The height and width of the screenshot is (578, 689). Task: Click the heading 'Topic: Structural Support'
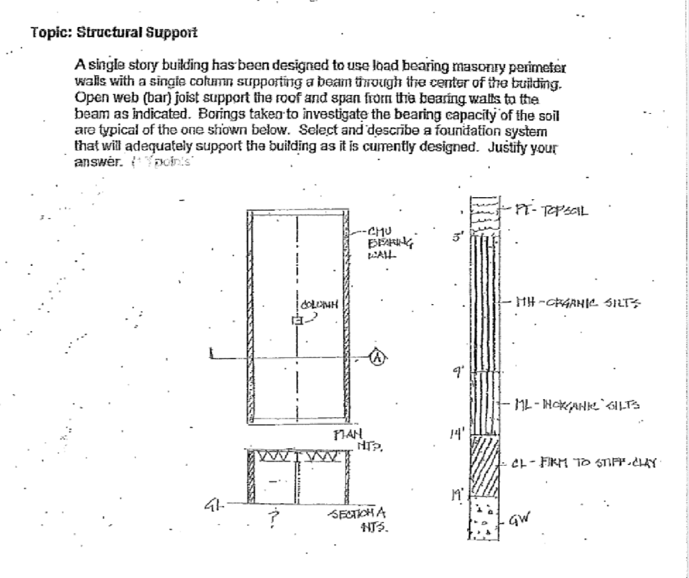[x=114, y=32]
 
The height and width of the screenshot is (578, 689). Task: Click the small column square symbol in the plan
[x=295, y=320]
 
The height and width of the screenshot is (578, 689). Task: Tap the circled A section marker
[x=378, y=359]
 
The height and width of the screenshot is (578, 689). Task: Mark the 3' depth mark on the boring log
[x=457, y=237]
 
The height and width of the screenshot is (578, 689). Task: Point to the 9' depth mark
[x=458, y=375]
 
